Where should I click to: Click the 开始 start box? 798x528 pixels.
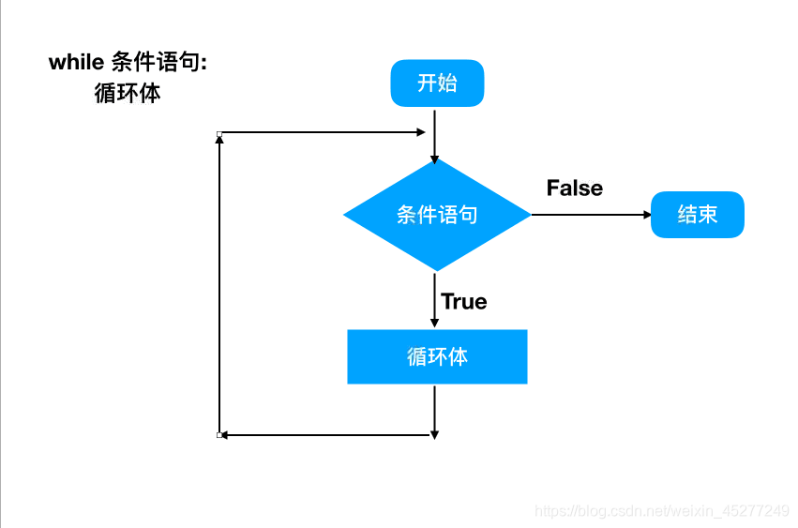437,83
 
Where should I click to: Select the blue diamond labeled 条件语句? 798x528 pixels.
437,215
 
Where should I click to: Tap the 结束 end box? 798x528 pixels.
698,215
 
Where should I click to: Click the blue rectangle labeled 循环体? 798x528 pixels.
437,356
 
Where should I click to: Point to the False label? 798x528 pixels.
574,188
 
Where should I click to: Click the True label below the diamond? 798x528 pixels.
464,301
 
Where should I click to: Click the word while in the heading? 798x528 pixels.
76,62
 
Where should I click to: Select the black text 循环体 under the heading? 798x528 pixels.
128,93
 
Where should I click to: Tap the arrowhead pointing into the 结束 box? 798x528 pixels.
646,215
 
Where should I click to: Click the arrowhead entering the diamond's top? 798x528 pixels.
435,158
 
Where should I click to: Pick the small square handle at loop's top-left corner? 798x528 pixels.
219,134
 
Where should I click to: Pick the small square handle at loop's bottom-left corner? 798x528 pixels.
219,435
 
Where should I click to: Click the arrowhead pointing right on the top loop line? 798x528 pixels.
420,133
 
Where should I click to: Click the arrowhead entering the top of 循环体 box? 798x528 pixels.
435,324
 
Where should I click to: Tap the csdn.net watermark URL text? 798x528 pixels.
661,511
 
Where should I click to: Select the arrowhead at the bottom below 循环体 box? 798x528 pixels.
435,432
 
